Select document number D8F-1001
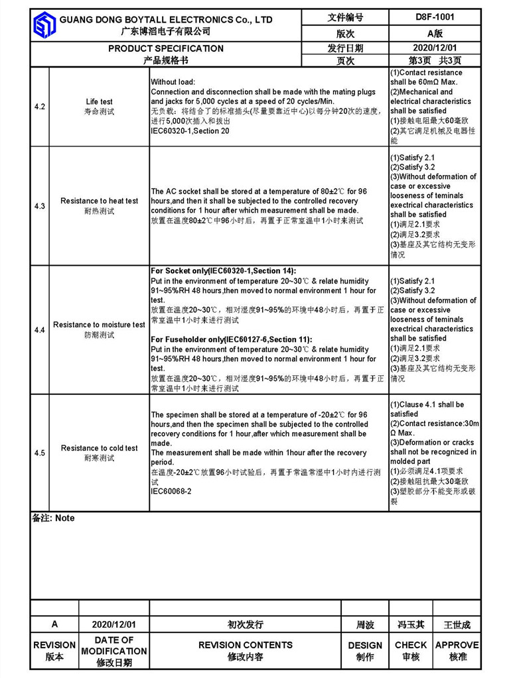pos(435,17)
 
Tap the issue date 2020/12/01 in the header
pos(435,48)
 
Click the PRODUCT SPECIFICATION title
pos(166,48)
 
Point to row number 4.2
pos(40,107)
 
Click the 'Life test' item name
pos(100,102)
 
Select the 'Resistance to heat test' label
pos(100,201)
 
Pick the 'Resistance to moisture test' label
pos(100,325)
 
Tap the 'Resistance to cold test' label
pos(100,448)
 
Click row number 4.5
pos(40,453)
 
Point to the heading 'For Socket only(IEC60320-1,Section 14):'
pos(224,271)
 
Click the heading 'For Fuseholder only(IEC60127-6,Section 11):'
pos(232,339)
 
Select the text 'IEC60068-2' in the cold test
pos(171,492)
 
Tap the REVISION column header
pos(54,645)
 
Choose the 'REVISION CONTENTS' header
pos(246,645)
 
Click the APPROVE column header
pos(457,645)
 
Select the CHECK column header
pos(411,645)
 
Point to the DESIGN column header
pos(365,645)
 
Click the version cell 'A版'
pos(435,33)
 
